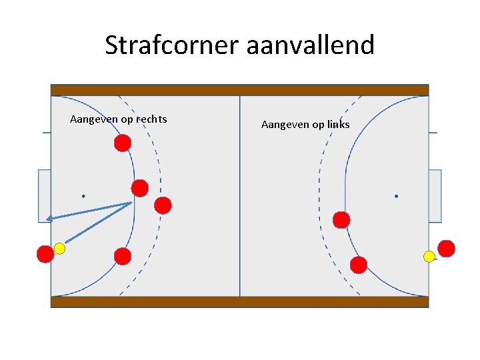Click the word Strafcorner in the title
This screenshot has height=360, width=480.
click(172, 45)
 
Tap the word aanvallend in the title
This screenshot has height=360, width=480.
click(310, 45)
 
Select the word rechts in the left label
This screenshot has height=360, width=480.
click(151, 119)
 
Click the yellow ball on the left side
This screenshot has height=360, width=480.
click(59, 249)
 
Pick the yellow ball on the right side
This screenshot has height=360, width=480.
click(429, 256)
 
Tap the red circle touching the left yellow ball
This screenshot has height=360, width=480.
click(45, 254)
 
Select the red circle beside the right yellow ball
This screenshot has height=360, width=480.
click(446, 249)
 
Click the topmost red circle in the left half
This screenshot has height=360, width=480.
click(122, 143)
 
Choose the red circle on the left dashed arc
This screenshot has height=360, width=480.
click(163, 205)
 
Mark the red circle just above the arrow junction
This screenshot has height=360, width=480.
click(139, 188)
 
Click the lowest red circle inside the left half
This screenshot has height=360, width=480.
click(122, 255)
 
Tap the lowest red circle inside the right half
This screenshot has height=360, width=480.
click(359, 265)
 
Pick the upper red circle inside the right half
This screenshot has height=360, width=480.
click(341, 219)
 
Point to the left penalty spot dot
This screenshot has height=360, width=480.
click(83, 196)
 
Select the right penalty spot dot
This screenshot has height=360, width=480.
click(396, 196)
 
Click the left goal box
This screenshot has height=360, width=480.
click(45, 195)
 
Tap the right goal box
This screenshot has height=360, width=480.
click(435, 195)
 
